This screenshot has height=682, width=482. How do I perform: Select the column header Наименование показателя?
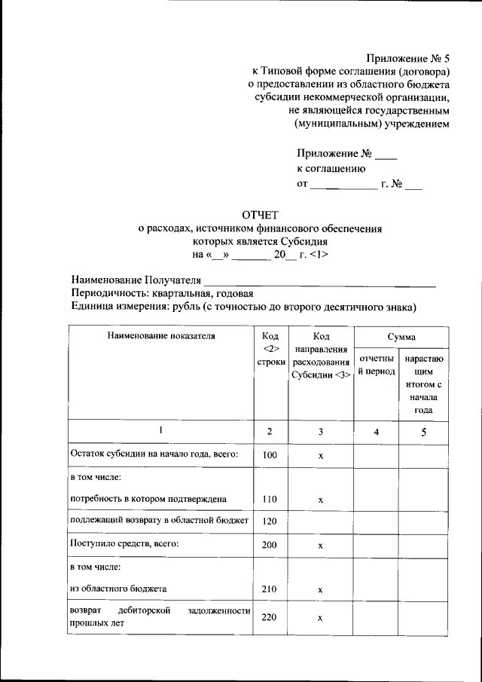click(161, 336)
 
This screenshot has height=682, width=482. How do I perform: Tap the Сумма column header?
click(401, 336)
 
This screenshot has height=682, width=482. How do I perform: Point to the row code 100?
click(270, 455)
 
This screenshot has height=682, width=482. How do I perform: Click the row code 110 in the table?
click(270, 500)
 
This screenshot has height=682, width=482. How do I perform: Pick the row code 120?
click(270, 521)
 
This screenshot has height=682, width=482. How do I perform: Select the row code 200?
click(270, 544)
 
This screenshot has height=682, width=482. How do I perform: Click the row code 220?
click(270, 617)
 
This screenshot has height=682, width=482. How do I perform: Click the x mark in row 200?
click(320, 545)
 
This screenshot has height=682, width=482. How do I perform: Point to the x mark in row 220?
click(320, 618)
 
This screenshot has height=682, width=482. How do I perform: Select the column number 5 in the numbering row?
click(423, 432)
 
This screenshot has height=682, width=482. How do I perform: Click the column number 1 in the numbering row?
click(160, 430)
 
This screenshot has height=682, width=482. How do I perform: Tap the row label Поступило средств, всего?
click(124, 543)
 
